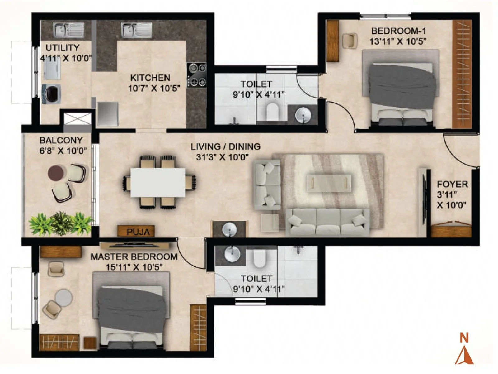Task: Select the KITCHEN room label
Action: click(x=150, y=78)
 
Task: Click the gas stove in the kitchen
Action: click(x=197, y=75)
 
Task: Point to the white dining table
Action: click(x=158, y=182)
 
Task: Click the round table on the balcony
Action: click(x=56, y=173)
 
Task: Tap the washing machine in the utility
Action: click(x=51, y=94)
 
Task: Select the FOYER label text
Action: click(x=452, y=184)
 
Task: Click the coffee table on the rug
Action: click(x=329, y=183)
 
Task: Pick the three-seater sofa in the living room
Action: click(x=328, y=222)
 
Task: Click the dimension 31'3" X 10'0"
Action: click(x=222, y=157)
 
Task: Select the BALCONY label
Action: click(x=61, y=140)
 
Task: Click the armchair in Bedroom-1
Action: click(x=349, y=41)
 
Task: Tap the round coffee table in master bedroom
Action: click(x=64, y=297)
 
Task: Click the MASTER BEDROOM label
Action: click(x=134, y=257)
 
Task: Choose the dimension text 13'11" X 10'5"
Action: click(x=397, y=41)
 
